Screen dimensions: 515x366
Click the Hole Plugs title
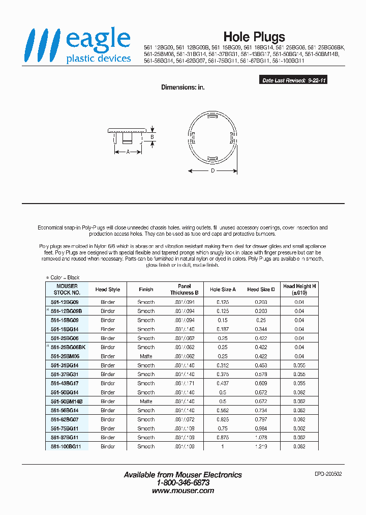point(254,37)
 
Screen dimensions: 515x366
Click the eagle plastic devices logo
point(79,46)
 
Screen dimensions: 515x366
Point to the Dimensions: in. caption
point(182,88)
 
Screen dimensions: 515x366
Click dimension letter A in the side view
point(128,152)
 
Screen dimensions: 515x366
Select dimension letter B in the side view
point(152,137)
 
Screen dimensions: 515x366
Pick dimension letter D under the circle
point(212,171)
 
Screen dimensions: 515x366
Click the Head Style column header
point(108,290)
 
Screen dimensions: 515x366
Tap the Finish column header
point(146,290)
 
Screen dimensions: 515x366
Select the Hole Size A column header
point(223,290)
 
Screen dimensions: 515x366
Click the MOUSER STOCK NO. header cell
point(67,290)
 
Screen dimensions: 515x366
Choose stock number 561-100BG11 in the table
point(70,446)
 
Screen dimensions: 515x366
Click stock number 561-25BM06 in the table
point(67,356)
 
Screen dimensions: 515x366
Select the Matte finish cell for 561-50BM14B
point(146,402)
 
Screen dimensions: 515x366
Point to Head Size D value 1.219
point(261,446)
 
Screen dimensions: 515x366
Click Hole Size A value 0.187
point(223,329)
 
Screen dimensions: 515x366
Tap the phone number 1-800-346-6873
point(183,482)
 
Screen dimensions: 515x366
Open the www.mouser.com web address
point(183,491)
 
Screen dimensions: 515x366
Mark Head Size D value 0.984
point(261,428)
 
